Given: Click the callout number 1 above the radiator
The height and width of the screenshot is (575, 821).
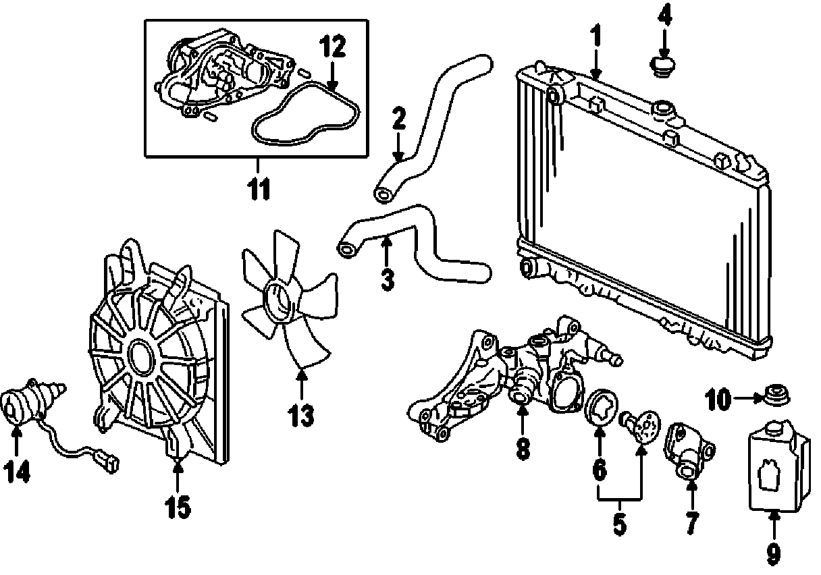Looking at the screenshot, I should tap(595, 35).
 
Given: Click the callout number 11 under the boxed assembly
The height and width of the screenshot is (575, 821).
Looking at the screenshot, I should tap(259, 190).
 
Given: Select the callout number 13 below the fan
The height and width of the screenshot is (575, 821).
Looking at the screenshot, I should tap(301, 416).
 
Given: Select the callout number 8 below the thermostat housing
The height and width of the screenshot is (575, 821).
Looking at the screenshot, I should tap(523, 448).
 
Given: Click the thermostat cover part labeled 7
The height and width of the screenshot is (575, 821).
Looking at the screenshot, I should tap(687, 449).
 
